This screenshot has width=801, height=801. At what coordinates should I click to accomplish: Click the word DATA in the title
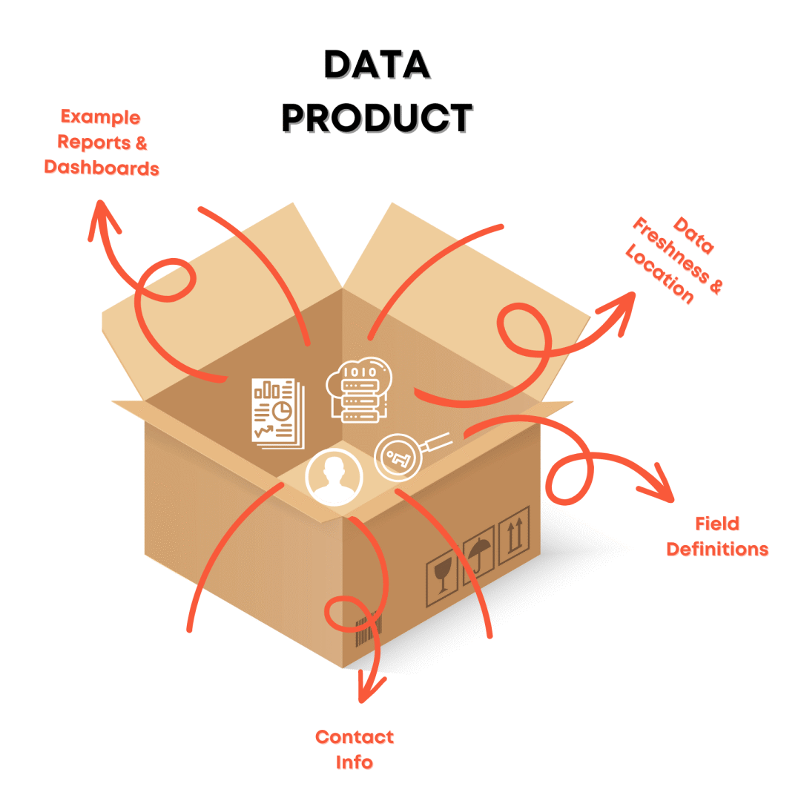[x=377, y=65]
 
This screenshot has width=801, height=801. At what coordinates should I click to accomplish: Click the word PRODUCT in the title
[x=377, y=118]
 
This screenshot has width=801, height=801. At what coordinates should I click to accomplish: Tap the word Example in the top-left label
[x=100, y=117]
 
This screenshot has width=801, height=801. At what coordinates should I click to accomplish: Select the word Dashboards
[x=102, y=168]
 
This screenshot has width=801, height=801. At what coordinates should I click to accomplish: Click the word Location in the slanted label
[x=659, y=274]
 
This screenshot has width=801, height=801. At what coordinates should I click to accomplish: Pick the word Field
[x=716, y=524]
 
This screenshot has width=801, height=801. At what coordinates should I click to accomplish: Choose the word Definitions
[x=716, y=550]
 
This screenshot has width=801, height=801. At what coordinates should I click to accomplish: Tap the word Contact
[x=354, y=736]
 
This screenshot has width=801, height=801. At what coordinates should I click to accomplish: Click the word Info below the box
[x=354, y=762]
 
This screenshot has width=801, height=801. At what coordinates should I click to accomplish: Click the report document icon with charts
[x=277, y=412]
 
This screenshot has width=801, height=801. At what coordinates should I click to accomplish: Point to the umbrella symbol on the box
[x=479, y=555]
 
